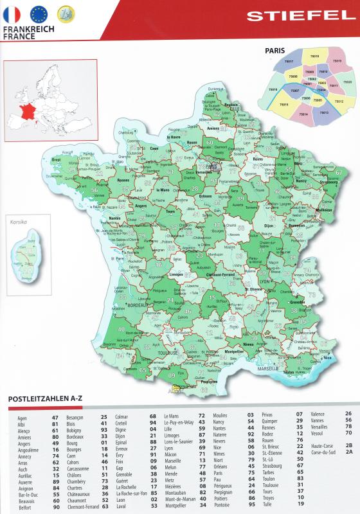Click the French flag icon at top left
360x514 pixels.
click(12, 13)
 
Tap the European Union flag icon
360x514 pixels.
click(39, 13)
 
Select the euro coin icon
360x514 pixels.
click(65, 13)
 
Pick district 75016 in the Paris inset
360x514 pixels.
click(274, 89)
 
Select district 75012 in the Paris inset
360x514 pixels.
click(339, 102)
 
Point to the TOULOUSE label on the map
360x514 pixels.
click(169, 353)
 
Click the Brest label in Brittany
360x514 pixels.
click(56, 159)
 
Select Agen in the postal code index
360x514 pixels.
click(22, 418)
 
